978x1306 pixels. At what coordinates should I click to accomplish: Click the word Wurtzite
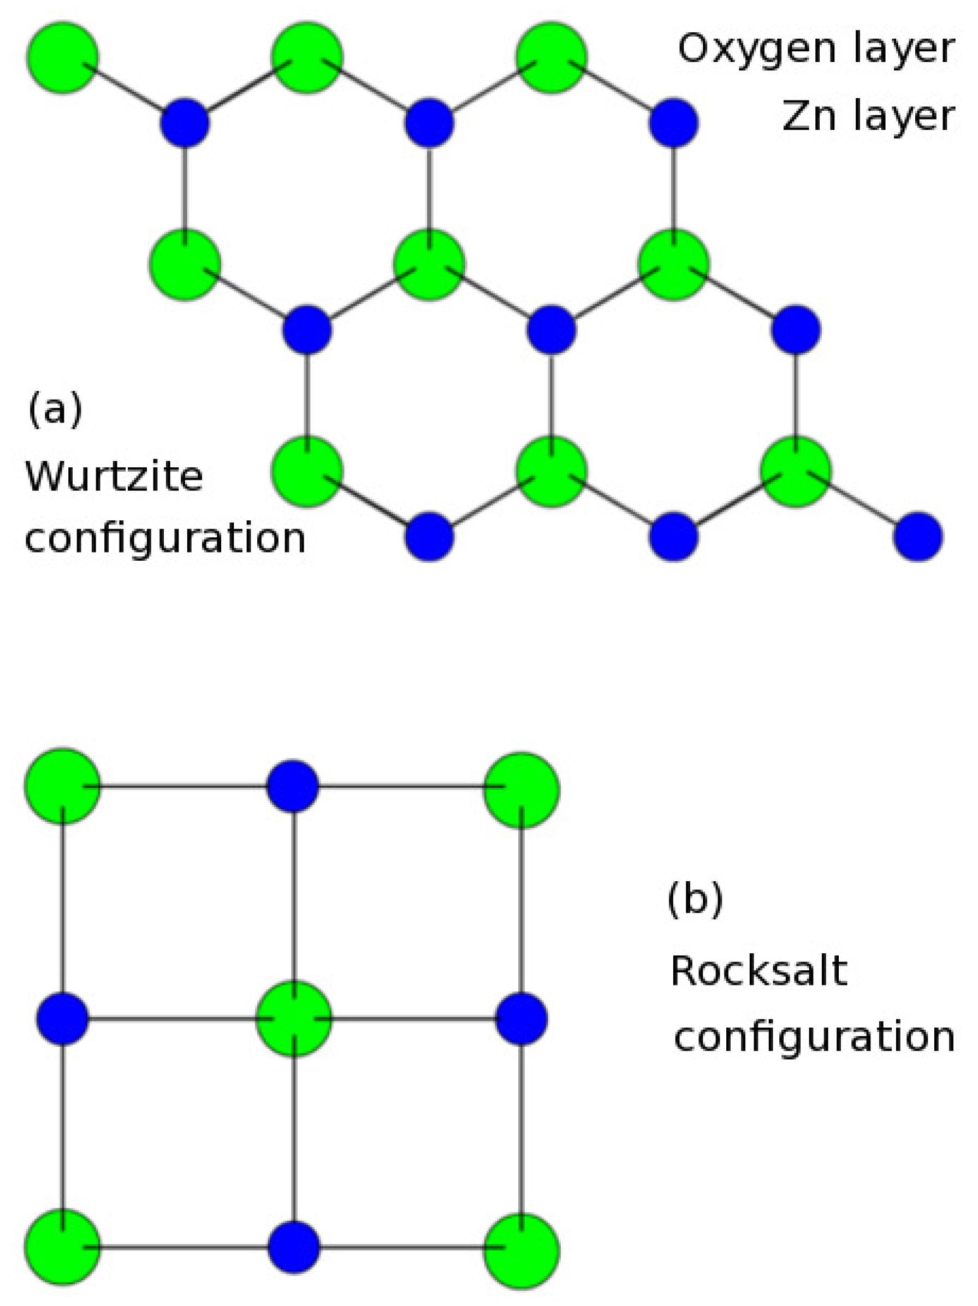tap(114, 476)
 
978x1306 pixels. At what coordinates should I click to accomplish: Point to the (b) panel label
tap(695, 899)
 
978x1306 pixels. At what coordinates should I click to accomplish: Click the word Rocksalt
tap(759, 971)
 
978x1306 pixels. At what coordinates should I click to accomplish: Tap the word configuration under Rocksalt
tap(814, 1037)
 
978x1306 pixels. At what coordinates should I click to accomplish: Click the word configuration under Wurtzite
tap(165, 537)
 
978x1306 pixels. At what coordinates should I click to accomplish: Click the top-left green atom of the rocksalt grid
tap(63, 786)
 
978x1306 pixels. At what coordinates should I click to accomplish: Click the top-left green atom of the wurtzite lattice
tap(63, 57)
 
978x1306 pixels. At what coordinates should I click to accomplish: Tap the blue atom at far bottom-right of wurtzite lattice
tap(918, 536)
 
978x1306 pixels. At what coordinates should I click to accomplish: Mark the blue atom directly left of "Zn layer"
tap(674, 123)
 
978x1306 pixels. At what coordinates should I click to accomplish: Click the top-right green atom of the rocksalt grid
tap(521, 789)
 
